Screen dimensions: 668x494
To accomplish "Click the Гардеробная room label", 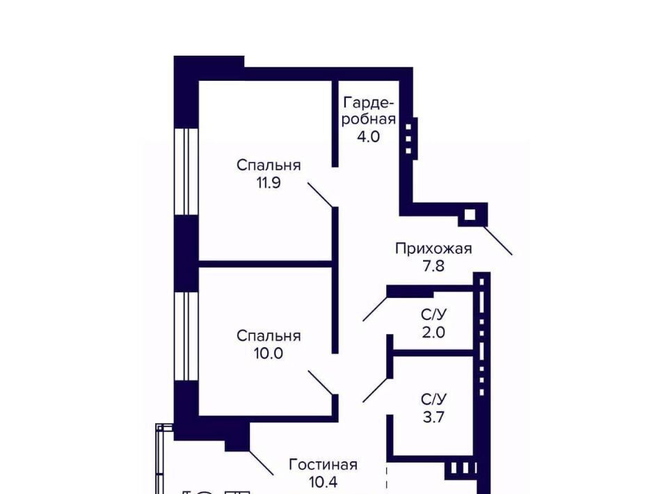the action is (x=369, y=111).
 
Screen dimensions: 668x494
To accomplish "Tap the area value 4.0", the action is (x=368, y=136).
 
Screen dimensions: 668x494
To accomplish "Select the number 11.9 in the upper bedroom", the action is (x=269, y=183).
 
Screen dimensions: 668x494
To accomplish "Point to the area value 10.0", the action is (x=269, y=353).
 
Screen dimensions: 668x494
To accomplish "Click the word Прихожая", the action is (x=434, y=248).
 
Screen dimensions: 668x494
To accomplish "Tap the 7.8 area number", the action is (x=434, y=266).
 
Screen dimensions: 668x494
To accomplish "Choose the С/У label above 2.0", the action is (x=434, y=314).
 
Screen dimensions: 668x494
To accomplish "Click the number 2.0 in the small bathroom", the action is (x=434, y=332).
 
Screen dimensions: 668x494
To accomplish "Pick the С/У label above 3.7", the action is (x=434, y=399).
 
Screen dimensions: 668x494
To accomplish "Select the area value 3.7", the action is (x=434, y=417).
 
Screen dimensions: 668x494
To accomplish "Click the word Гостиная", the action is (x=323, y=465).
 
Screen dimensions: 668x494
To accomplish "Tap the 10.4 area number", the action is (x=323, y=482).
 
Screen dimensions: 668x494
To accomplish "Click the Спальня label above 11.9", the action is (x=269, y=165).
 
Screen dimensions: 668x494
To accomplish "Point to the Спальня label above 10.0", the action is (x=269, y=336).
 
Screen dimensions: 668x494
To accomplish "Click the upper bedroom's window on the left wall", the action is (x=186, y=171).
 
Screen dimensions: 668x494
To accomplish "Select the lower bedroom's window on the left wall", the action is (x=186, y=336).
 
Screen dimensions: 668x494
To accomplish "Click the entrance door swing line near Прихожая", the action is (x=498, y=240).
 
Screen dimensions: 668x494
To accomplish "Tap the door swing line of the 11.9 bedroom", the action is (x=320, y=195).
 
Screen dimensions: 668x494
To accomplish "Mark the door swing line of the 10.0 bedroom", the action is (x=320, y=383).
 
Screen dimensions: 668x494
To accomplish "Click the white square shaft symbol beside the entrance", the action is (x=470, y=214).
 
